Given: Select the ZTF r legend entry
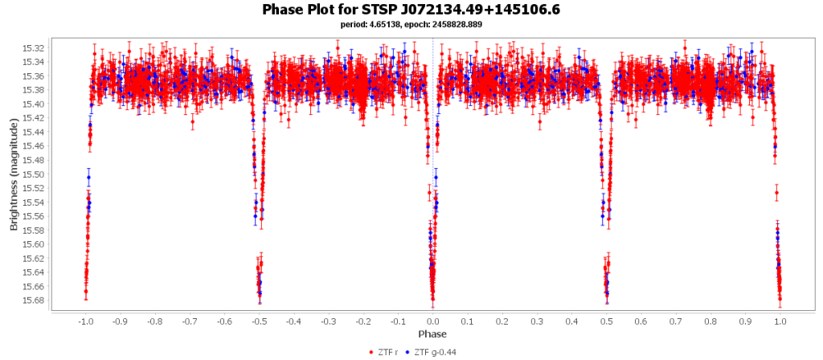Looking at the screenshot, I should click(x=388, y=351).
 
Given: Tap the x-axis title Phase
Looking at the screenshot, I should click(x=432, y=333).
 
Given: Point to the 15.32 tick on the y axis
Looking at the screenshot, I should click(x=34, y=48).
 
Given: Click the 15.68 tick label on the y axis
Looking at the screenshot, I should click(x=34, y=301).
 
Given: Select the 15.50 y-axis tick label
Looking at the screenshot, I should click(x=34, y=174).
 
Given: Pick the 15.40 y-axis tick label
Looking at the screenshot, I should click(x=34, y=104).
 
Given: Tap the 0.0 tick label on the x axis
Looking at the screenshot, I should click(x=432, y=321).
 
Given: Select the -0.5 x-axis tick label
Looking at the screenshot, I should click(x=258, y=321).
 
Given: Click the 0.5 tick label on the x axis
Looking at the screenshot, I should click(x=607, y=321).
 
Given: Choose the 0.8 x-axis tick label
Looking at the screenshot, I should click(x=710, y=321).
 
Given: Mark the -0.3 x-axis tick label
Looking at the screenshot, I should click(x=328, y=321).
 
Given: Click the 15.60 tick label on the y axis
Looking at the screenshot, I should click(x=34, y=244).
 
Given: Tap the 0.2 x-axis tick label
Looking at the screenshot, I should click(x=502, y=321).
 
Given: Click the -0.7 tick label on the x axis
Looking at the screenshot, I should click(x=189, y=321).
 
